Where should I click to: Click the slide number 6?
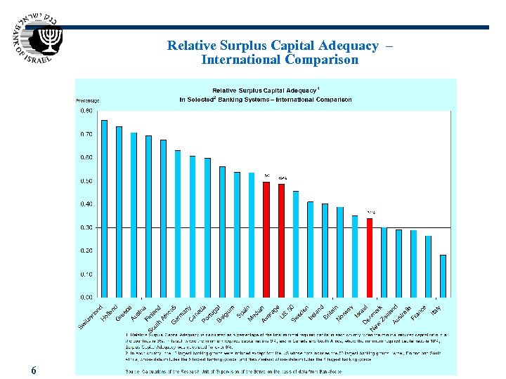click(34, 370)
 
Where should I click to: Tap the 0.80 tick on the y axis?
click(85, 111)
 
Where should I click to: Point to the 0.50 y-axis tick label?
click(85, 181)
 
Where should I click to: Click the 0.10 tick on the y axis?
click(85, 274)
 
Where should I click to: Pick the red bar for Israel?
click(370, 258)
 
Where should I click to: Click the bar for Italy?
click(443, 276)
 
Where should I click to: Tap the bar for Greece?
click(134, 215)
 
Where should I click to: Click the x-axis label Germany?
click(182, 313)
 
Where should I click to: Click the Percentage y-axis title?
click(88, 101)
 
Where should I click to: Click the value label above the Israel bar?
click(371, 213)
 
